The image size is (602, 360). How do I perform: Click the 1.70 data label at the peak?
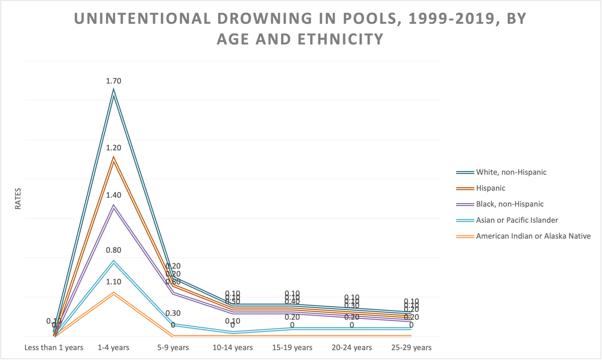point(114,81)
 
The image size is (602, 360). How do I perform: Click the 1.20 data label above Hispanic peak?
point(114,148)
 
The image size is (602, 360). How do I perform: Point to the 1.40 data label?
point(114,195)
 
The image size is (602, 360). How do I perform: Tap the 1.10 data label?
point(114,282)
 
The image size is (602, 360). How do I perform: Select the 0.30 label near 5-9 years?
point(173,313)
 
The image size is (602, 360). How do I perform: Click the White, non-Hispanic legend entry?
point(511,172)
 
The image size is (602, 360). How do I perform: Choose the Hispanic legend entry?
point(490,188)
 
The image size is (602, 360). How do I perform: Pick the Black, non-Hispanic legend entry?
point(510,204)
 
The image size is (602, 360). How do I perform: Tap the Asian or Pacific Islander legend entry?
point(517,220)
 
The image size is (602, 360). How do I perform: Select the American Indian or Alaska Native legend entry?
point(533,236)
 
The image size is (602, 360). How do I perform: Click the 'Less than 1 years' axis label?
point(54,347)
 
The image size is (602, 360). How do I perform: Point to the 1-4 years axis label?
point(114,347)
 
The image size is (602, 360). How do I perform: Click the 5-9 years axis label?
point(173,347)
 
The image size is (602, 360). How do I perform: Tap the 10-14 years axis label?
point(233,347)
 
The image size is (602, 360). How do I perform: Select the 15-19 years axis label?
point(292,347)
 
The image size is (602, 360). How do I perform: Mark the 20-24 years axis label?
point(352,347)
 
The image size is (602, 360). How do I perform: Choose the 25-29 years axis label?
point(411,347)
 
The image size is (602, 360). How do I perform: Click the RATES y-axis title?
point(18,199)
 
